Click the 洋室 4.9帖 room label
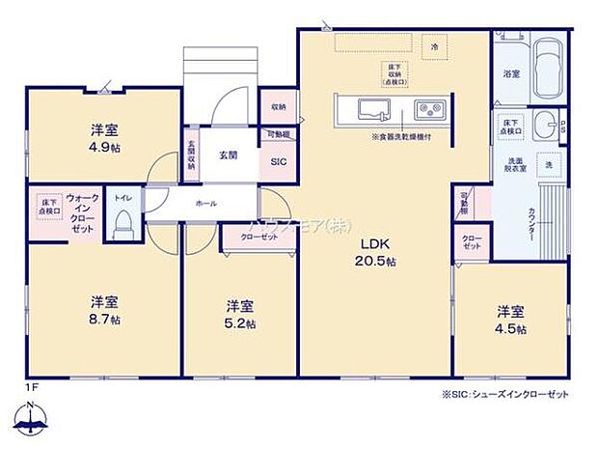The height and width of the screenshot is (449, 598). (105, 137)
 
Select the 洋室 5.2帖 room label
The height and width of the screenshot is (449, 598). (240, 314)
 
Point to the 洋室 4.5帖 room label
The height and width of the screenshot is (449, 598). (510, 320)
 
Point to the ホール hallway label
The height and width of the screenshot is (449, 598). (205, 204)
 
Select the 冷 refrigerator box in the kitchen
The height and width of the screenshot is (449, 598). (434, 45)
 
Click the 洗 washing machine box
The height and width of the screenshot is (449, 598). (547, 165)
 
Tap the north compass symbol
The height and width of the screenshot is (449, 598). (33, 417)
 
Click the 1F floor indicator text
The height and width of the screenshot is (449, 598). (30, 387)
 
